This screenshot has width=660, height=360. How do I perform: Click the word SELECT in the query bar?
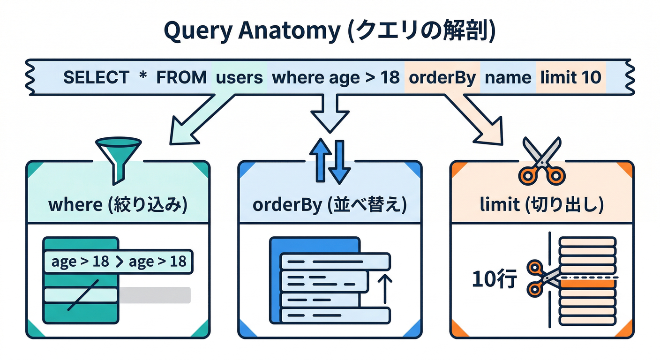click(96, 77)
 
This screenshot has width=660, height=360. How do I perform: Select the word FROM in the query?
click(181, 77)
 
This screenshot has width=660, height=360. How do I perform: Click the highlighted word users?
click(240, 77)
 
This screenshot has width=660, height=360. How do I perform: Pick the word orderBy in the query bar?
click(442, 77)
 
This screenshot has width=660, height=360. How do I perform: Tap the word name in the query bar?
click(508, 77)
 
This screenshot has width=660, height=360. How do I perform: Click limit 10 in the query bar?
click(570, 77)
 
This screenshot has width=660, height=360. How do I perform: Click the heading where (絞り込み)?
click(118, 206)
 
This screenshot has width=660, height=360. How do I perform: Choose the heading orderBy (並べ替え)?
click(330, 206)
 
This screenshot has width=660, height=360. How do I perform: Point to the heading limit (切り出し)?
click(541, 206)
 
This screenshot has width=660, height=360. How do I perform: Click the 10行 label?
click(494, 280)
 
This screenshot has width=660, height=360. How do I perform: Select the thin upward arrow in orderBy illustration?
click(384, 289)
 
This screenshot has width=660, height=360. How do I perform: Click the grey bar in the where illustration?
click(154, 295)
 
